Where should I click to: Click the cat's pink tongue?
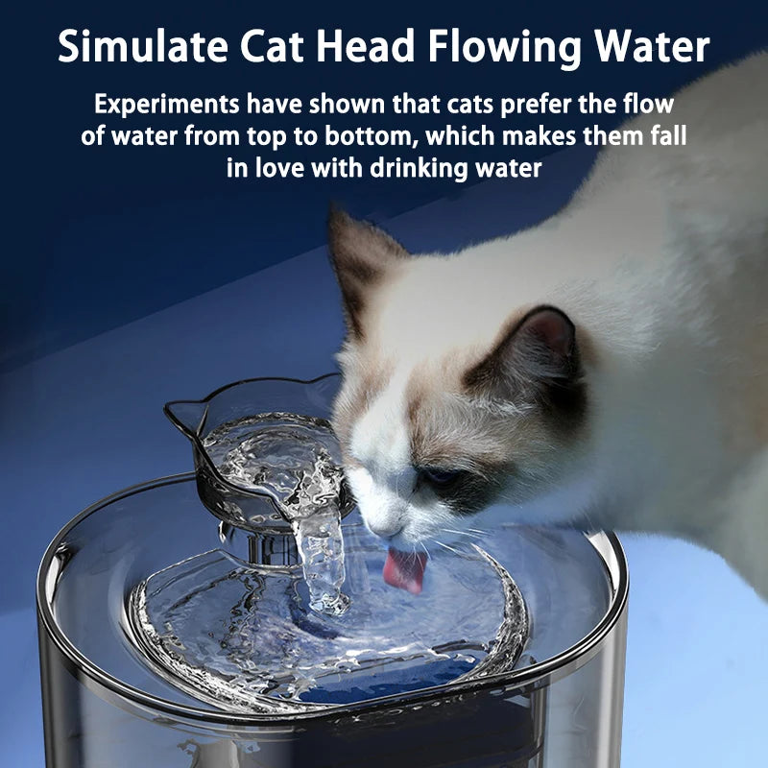[x=404, y=569]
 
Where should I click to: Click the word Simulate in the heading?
[x=142, y=46]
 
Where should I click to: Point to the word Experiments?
[x=167, y=105]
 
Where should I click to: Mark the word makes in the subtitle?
[x=539, y=136]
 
